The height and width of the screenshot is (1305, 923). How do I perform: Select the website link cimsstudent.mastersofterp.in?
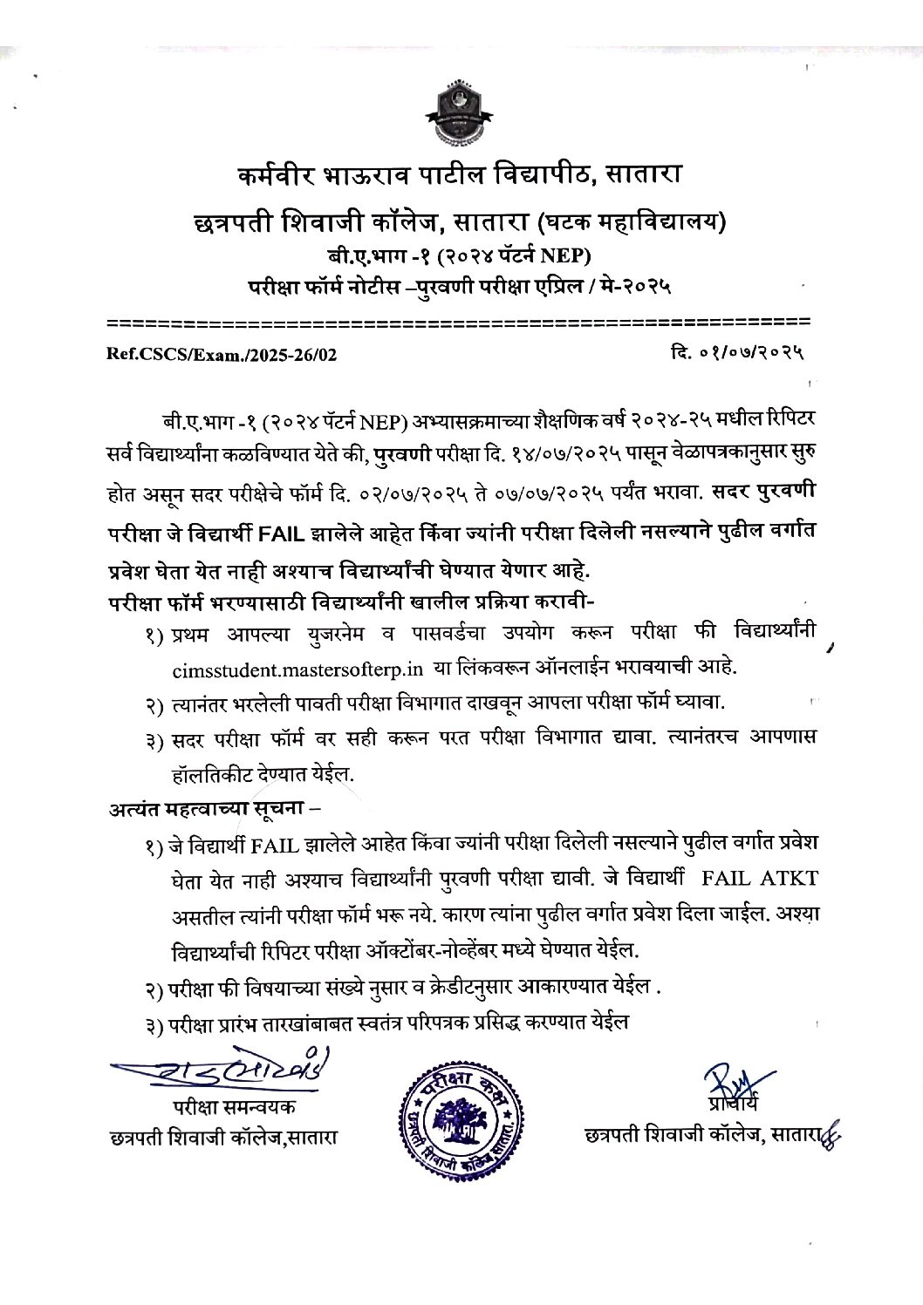(x=298, y=669)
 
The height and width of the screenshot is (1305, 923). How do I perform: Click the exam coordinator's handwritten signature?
(x=222, y=1072)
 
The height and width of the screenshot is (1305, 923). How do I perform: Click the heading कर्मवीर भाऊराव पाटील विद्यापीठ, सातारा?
(x=460, y=177)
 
